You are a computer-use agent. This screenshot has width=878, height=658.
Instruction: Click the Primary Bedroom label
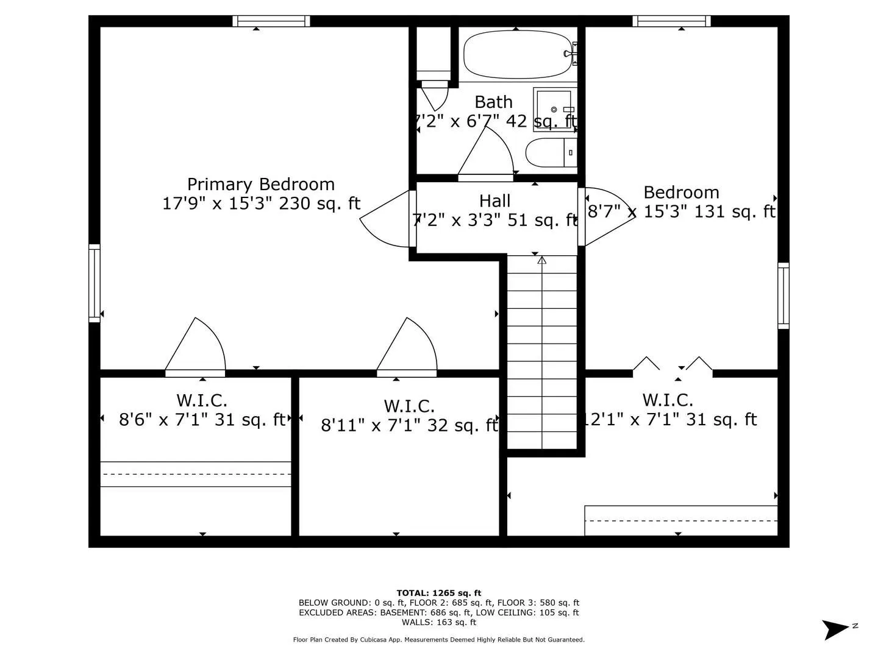click(261, 184)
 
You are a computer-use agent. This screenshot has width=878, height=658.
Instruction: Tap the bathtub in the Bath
click(518, 54)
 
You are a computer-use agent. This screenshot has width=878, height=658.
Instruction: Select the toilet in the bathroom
click(551, 152)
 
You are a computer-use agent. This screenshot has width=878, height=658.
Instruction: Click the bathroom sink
click(554, 110)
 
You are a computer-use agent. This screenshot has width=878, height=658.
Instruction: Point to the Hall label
click(494, 200)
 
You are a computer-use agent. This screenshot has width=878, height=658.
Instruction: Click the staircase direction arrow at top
click(541, 261)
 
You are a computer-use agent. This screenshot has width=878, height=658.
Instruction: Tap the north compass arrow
click(836, 628)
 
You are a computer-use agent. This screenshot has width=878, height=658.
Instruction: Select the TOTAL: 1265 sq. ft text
click(438, 593)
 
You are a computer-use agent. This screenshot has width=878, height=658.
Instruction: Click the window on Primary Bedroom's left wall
click(95, 283)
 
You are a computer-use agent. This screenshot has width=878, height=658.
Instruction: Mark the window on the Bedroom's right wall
click(783, 296)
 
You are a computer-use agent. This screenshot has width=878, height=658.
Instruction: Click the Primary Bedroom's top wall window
click(271, 21)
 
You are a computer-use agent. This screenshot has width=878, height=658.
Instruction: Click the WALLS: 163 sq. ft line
click(438, 622)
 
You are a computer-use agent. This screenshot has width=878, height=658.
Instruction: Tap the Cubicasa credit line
click(438, 640)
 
